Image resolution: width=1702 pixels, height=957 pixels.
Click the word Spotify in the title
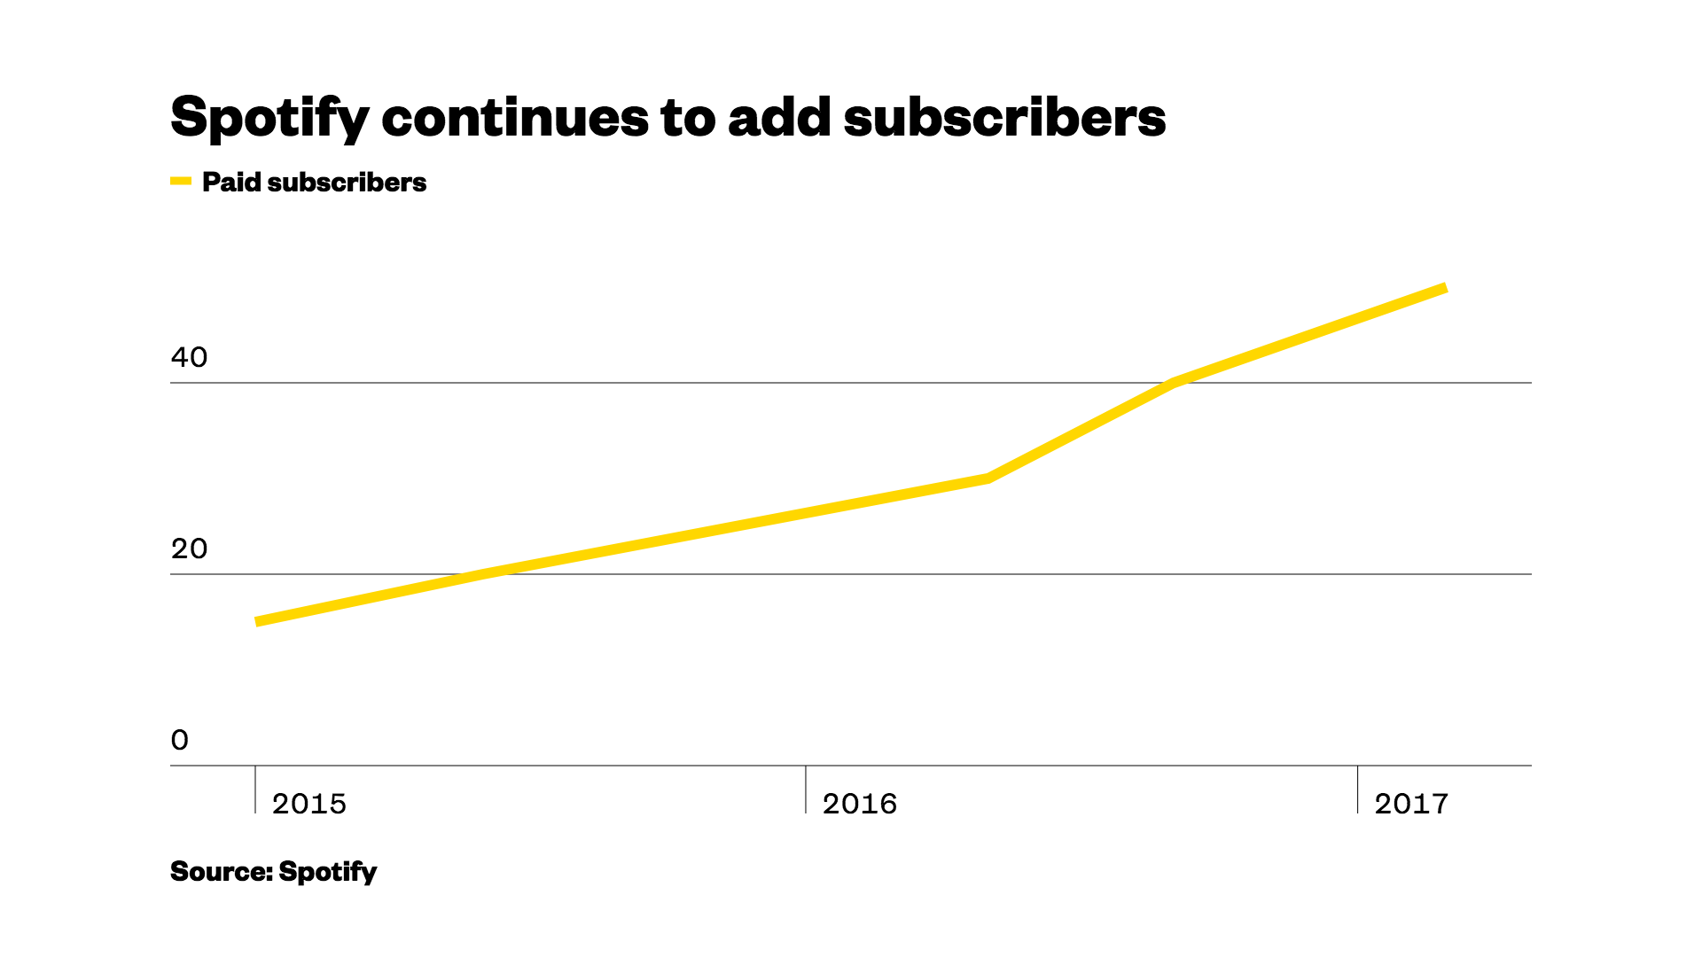(269, 118)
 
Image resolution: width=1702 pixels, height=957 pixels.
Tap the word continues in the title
(515, 118)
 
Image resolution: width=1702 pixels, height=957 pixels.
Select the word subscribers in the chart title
(1004, 118)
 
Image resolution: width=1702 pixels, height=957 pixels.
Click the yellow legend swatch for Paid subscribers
(181, 182)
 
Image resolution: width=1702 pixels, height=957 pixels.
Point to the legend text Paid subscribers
(314, 183)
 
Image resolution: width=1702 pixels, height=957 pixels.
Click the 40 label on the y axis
(189, 357)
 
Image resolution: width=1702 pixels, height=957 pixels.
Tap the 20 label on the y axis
(189, 549)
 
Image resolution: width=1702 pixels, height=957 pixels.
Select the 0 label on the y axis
(180, 740)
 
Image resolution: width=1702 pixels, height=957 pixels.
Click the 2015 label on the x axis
(309, 804)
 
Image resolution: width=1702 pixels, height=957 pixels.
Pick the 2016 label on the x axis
(860, 804)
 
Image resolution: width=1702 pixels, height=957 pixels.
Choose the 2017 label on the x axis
(1411, 804)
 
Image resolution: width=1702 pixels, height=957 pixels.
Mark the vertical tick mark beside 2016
(806, 790)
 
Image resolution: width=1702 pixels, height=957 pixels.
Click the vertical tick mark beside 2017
(1357, 790)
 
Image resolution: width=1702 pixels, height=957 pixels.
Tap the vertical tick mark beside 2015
(255, 790)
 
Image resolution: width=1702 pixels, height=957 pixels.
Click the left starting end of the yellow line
(257, 621)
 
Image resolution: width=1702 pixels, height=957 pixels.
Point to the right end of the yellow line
(1445, 288)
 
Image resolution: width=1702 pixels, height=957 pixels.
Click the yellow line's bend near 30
(988, 478)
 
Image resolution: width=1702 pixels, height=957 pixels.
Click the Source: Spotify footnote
(273, 872)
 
